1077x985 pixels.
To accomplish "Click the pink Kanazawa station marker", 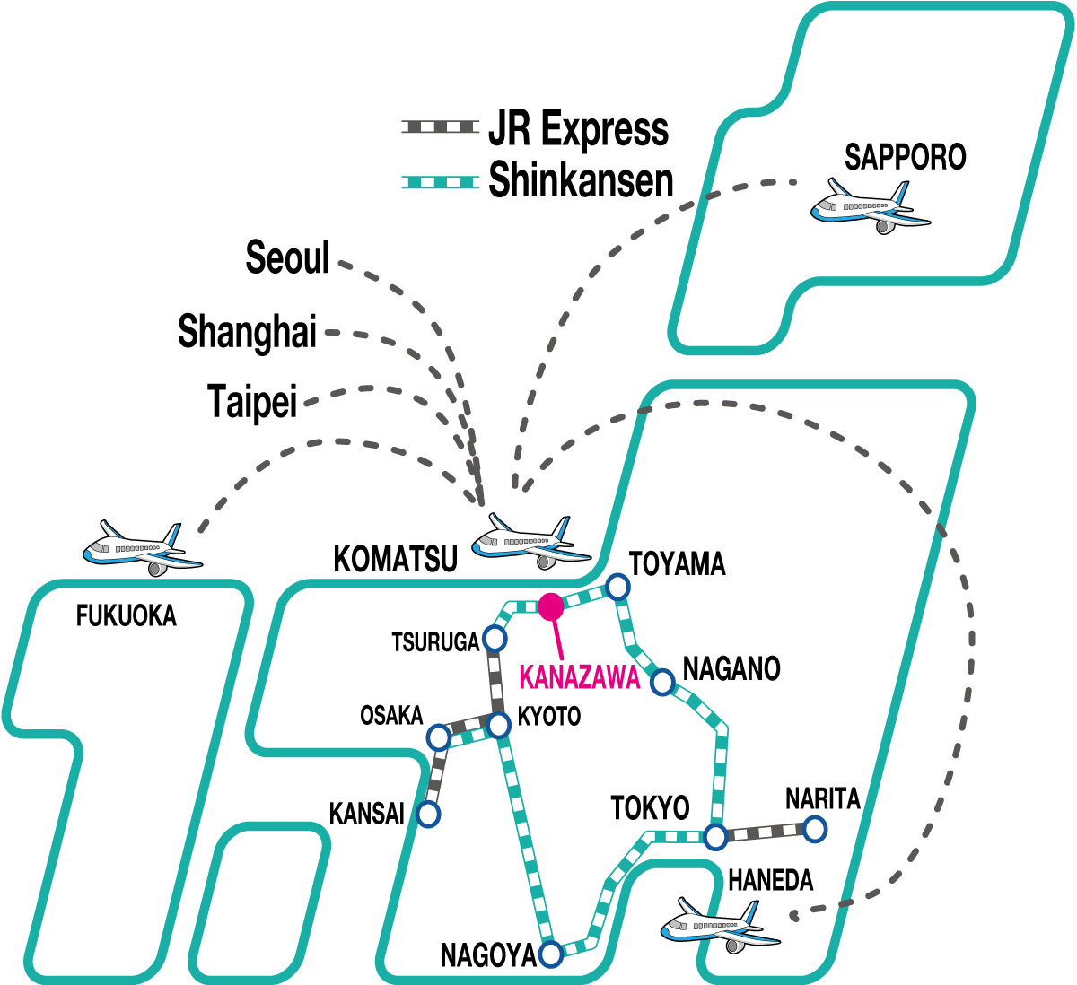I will pyautogui.click(x=551, y=607).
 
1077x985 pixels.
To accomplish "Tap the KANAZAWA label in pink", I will pyautogui.click(x=580, y=677).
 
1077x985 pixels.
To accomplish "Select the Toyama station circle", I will pyautogui.click(x=617, y=587).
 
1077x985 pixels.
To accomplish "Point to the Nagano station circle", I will pyautogui.click(x=662, y=682).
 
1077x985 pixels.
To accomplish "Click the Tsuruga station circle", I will pyautogui.click(x=495, y=639).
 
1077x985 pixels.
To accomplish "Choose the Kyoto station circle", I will pyautogui.click(x=499, y=725).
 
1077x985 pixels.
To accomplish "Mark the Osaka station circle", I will pyautogui.click(x=439, y=737).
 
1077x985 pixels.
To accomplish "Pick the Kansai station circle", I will pyautogui.click(x=429, y=815).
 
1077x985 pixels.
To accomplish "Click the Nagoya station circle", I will pyautogui.click(x=551, y=953).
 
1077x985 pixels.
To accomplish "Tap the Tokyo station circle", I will pyautogui.click(x=715, y=837).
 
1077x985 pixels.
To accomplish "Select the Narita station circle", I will pyautogui.click(x=814, y=829).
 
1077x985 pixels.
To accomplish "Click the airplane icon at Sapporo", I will pyautogui.click(x=870, y=207).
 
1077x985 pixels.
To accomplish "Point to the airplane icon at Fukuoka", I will pyautogui.click(x=142, y=547).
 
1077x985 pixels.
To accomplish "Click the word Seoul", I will pyautogui.click(x=287, y=258).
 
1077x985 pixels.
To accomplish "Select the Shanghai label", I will pyautogui.click(x=247, y=331).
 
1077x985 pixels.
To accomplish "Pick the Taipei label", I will pyautogui.click(x=251, y=401).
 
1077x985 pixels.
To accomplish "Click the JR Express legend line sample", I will pyautogui.click(x=440, y=127).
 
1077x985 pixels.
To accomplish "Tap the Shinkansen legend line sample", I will pyautogui.click(x=440, y=182).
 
